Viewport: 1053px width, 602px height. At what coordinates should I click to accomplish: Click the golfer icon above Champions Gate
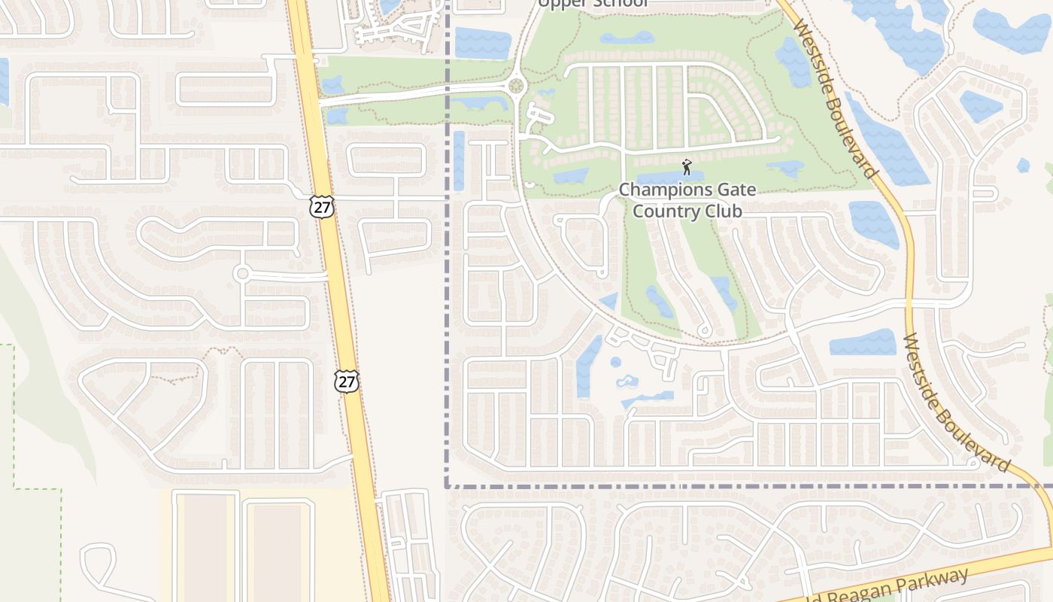coord(686,167)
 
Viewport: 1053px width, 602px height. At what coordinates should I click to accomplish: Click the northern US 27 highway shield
coord(322,208)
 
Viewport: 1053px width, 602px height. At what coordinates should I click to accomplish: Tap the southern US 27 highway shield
coord(347,382)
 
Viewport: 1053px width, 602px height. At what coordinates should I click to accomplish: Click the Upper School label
coord(593,4)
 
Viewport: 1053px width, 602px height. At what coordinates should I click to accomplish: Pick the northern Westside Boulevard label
coord(835,98)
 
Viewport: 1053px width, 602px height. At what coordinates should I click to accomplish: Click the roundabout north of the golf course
coord(516,86)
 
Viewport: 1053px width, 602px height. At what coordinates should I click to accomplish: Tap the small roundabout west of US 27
coord(242,274)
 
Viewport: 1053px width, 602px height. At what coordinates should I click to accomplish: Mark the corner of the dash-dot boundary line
coord(447,486)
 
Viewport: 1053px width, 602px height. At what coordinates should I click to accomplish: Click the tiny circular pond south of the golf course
coord(615,362)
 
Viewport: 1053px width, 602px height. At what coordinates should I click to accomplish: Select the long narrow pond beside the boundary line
coord(459,161)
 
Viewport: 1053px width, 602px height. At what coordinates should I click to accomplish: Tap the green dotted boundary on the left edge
coord(14,414)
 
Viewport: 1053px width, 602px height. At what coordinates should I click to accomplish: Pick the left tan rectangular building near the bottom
coord(205,546)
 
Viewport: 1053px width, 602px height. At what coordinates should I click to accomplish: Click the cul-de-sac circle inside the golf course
coord(705,331)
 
